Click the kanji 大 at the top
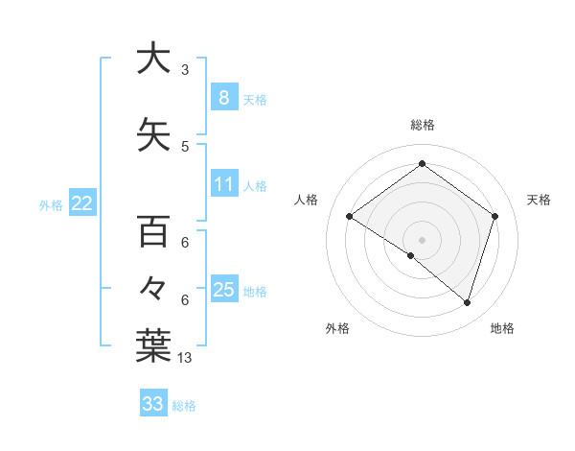(x=152, y=59)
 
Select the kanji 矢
(x=152, y=135)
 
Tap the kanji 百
(x=152, y=232)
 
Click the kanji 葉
(x=152, y=345)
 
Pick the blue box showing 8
(x=223, y=97)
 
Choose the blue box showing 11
(x=223, y=184)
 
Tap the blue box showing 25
(x=223, y=290)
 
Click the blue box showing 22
(x=82, y=202)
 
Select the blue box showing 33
(x=152, y=404)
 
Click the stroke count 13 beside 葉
(x=185, y=358)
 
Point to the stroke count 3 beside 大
(x=185, y=70)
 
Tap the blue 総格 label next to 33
(x=184, y=406)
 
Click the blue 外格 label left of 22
(x=50, y=204)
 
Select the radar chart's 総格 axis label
(x=422, y=126)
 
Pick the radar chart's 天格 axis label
(x=539, y=200)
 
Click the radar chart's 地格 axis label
(x=502, y=329)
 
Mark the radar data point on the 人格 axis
(x=350, y=217)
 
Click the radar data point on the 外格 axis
(x=411, y=256)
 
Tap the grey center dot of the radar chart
(x=422, y=239)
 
